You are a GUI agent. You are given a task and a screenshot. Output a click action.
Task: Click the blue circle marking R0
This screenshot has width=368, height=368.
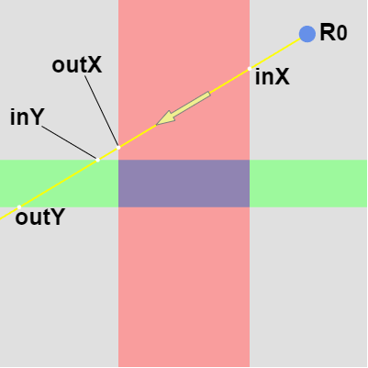307,34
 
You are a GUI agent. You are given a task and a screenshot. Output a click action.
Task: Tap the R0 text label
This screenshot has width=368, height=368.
333,32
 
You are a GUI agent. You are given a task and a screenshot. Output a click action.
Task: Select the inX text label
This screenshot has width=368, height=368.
272,77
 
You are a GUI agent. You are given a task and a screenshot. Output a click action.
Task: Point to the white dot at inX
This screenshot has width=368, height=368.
250,69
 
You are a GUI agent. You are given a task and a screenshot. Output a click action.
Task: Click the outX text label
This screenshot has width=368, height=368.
77,65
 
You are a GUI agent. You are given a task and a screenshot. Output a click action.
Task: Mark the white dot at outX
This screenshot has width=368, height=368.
118,148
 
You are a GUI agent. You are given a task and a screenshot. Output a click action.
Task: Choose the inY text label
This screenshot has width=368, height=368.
28,117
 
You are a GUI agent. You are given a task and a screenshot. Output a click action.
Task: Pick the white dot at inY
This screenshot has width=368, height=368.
97,160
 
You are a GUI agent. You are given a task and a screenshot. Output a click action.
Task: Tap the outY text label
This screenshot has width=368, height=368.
39,217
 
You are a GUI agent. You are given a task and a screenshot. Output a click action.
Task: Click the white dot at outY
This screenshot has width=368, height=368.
19,207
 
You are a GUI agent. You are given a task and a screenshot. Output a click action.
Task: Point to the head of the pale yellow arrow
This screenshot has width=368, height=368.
157,125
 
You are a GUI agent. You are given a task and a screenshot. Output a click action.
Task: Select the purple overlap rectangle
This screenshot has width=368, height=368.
184,184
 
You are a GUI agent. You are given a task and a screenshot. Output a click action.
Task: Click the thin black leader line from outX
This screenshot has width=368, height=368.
102,111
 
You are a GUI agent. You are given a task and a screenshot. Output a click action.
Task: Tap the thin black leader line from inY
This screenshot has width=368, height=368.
69,142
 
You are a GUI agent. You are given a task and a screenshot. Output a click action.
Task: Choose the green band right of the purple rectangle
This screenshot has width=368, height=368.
308,184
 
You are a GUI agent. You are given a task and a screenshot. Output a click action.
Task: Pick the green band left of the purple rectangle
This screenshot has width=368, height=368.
59,184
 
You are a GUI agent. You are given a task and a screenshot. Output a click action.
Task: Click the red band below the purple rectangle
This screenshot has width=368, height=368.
184,287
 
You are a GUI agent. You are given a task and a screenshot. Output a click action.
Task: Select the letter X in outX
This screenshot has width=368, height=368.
94,65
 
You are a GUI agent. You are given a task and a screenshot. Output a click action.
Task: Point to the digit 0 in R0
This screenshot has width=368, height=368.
341,34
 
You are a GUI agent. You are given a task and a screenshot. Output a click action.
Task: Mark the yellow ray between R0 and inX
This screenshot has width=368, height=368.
274,53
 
